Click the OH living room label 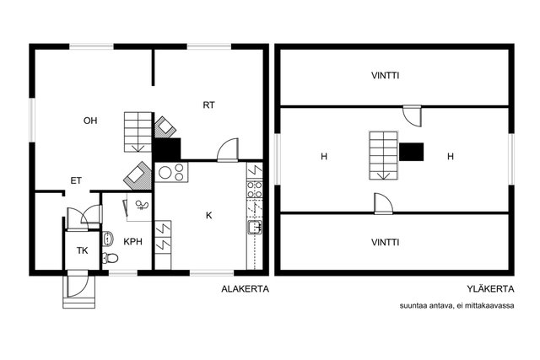pos(90,121)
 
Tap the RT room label pos(208,105)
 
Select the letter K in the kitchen pos(208,216)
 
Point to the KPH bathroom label pos(133,242)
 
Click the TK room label pos(83,250)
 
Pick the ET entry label pos(76,180)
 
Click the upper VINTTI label pos(386,75)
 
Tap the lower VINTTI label pos(386,242)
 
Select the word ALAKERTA pos(246,288)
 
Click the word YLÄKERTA pos(491,288)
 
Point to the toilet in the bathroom pos(111,257)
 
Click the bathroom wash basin pos(107,239)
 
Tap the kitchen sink pos(255,227)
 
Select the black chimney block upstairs pos(411,152)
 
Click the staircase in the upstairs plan pos(384,156)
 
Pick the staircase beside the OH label pos(138,132)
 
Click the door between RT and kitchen pos(228,150)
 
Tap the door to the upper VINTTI pos(413,116)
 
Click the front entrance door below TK pos(78,284)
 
